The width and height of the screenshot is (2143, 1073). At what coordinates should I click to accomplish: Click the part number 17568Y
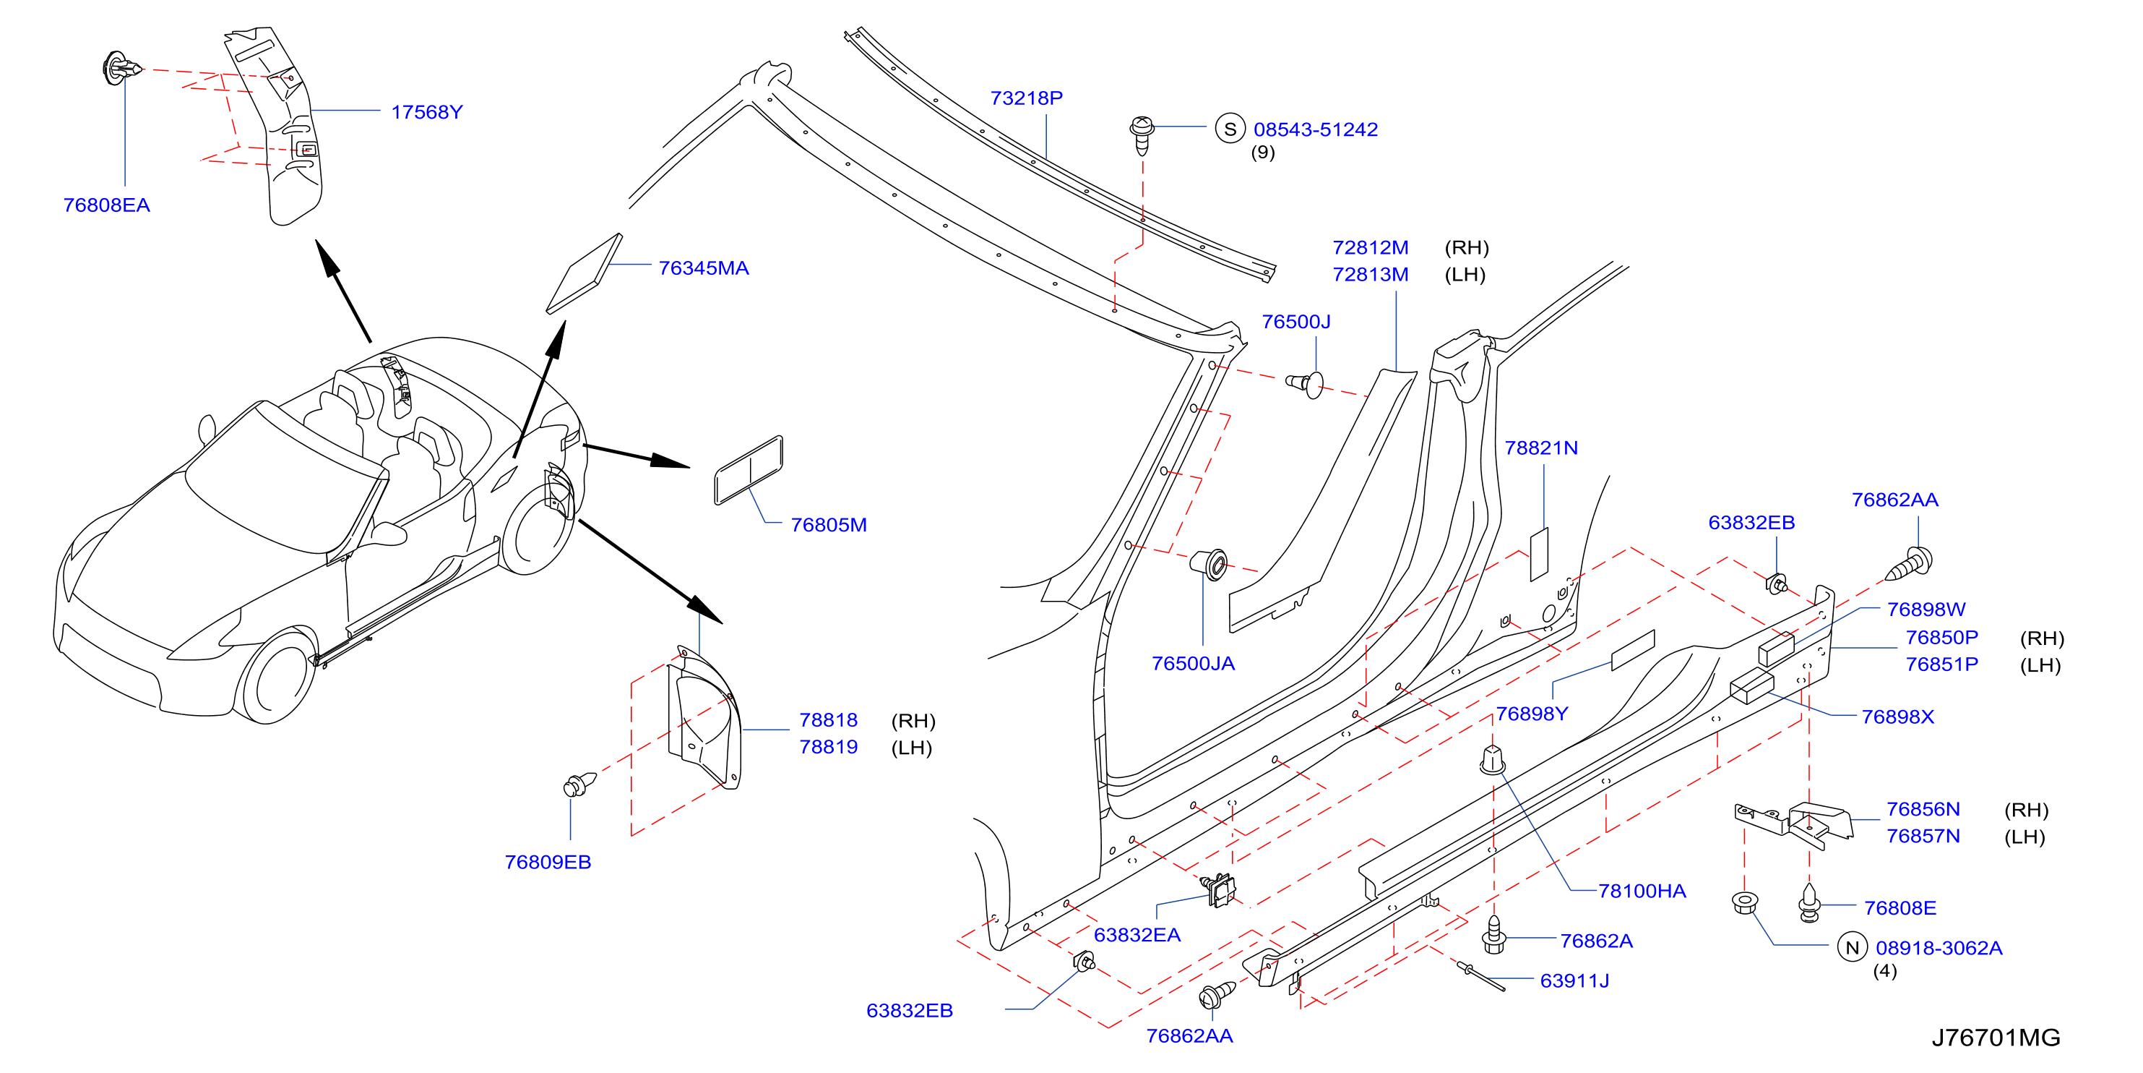point(427,111)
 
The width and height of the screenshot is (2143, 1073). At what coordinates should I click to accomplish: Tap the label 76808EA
point(106,205)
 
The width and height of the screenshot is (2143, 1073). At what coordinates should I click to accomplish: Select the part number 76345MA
point(704,268)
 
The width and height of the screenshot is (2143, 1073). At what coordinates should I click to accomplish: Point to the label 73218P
point(1027,98)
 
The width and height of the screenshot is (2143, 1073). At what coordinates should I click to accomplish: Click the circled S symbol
point(1230,129)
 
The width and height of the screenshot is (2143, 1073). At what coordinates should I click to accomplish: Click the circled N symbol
point(1852,947)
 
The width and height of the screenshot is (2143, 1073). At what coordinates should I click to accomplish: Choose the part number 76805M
point(829,524)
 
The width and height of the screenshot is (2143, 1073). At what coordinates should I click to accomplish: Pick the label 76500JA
point(1193,664)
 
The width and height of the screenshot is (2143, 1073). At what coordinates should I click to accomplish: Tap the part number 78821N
point(1540,448)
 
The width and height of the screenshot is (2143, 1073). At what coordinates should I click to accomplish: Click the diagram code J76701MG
point(1996,1037)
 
